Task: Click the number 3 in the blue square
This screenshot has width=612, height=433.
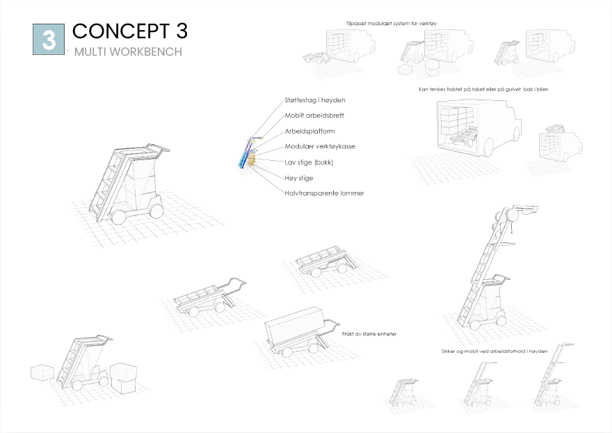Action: click(x=49, y=39)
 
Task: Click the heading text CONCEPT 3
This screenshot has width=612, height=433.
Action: click(x=129, y=31)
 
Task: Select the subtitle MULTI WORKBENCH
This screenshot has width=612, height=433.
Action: click(x=128, y=52)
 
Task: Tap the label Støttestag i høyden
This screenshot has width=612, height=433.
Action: click(x=314, y=100)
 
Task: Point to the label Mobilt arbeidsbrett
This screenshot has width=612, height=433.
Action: click(x=314, y=116)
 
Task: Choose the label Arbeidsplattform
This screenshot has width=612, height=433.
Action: click(x=309, y=131)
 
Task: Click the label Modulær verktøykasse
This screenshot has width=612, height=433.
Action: click(x=319, y=146)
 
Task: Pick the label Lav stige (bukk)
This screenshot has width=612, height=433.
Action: click(x=309, y=162)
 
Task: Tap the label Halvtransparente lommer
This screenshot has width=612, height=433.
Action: click(x=323, y=193)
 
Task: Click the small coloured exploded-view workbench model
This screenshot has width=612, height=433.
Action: click(x=248, y=153)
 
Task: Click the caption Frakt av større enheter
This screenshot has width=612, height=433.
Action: click(x=369, y=334)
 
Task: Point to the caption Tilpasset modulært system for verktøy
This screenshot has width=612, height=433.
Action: click(x=391, y=23)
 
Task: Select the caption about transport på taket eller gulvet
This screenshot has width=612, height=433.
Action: click(x=484, y=89)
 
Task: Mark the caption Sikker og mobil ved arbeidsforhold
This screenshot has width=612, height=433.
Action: click(x=494, y=352)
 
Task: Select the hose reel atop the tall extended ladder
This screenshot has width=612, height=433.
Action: click(x=508, y=217)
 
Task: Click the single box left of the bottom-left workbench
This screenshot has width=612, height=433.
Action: click(x=43, y=372)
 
